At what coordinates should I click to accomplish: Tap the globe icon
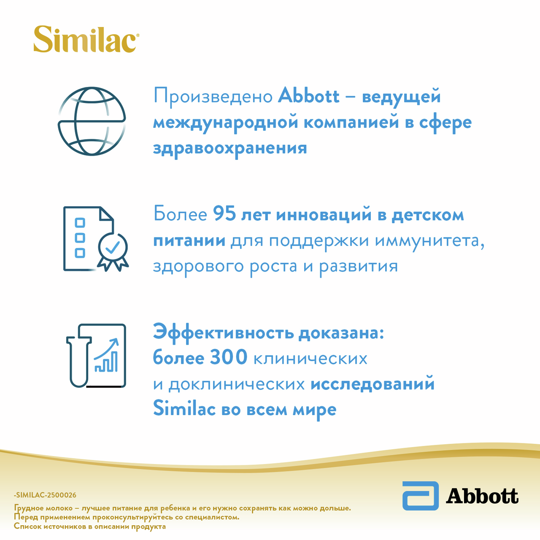(x=92, y=121)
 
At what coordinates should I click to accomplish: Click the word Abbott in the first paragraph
(x=308, y=96)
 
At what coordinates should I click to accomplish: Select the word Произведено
(x=213, y=97)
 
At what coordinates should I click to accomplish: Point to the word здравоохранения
(x=230, y=148)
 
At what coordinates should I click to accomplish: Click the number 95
(x=224, y=214)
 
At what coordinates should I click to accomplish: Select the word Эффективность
(x=223, y=332)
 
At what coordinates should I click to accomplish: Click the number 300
(x=229, y=357)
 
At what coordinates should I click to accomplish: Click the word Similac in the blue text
(x=184, y=409)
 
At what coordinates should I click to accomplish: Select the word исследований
(x=372, y=384)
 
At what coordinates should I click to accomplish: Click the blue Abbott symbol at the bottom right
(x=420, y=496)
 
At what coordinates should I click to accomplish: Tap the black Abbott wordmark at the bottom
(x=482, y=496)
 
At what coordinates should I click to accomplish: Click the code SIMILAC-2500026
(x=45, y=495)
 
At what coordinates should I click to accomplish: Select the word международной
(x=225, y=123)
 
